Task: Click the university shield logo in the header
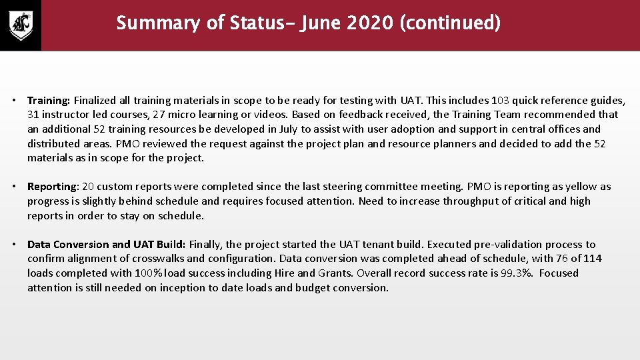click(20, 25)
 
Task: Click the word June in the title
click(320, 23)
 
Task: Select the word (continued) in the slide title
click(450, 23)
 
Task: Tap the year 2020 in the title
click(370, 23)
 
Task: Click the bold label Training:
click(49, 100)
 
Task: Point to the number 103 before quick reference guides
click(501, 100)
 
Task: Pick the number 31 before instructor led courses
click(34, 115)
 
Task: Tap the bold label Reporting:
click(53, 187)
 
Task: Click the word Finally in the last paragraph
click(206, 245)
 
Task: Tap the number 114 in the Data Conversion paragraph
click(593, 259)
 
